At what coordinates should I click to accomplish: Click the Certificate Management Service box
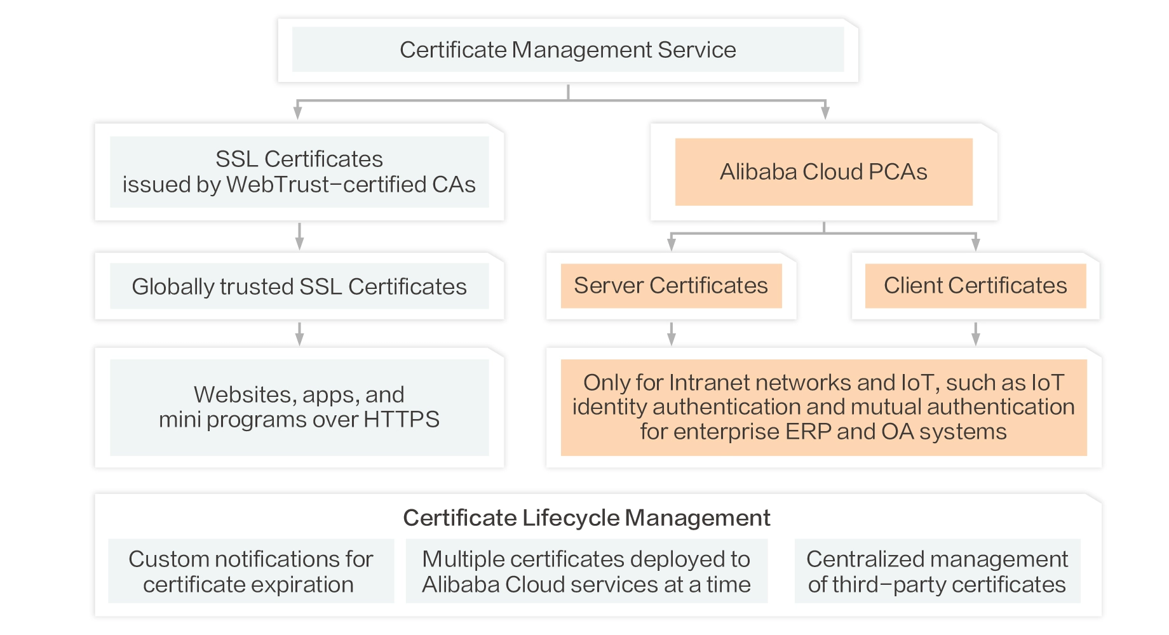coord(567,50)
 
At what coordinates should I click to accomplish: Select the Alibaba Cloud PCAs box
coord(823,172)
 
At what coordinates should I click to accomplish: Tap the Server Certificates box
coord(671,286)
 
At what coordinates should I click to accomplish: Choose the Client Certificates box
coord(975,286)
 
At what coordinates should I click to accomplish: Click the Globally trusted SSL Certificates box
coord(299,286)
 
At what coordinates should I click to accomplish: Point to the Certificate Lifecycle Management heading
coord(586,518)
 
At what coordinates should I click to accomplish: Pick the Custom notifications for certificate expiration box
coord(251,571)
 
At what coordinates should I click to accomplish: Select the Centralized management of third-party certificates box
coord(937,571)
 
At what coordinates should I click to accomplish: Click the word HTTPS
coord(402,420)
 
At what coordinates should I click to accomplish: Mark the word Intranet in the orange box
coord(709,383)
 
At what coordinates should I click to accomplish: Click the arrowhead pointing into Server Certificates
coord(672,244)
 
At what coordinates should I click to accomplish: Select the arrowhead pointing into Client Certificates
coord(976,244)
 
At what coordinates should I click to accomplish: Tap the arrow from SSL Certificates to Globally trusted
coord(299,237)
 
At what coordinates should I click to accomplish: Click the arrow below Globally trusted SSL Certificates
coord(299,334)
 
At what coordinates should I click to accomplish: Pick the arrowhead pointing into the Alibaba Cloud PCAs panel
coord(825,113)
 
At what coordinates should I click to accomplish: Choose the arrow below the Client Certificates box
coord(976,334)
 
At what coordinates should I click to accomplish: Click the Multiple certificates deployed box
coord(586,571)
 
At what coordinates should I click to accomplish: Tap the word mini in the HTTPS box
coord(180,420)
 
